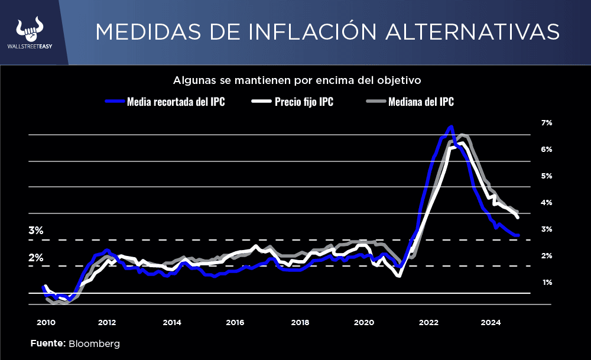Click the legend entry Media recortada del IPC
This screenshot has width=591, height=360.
tap(176, 102)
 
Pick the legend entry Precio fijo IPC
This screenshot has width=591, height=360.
tap(304, 102)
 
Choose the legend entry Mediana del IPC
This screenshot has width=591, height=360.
tap(421, 102)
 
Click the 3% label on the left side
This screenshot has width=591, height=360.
tap(36, 231)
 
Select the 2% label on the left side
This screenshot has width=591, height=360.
tap(36, 258)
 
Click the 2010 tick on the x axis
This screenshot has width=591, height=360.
tap(46, 323)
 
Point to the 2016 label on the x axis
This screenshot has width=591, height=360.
tap(235, 323)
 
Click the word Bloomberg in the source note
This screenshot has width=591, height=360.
tap(95, 343)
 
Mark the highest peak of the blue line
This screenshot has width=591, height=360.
tap(452, 127)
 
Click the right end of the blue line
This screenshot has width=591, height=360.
tap(518, 235)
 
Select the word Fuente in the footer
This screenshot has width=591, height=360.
tap(47, 343)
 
